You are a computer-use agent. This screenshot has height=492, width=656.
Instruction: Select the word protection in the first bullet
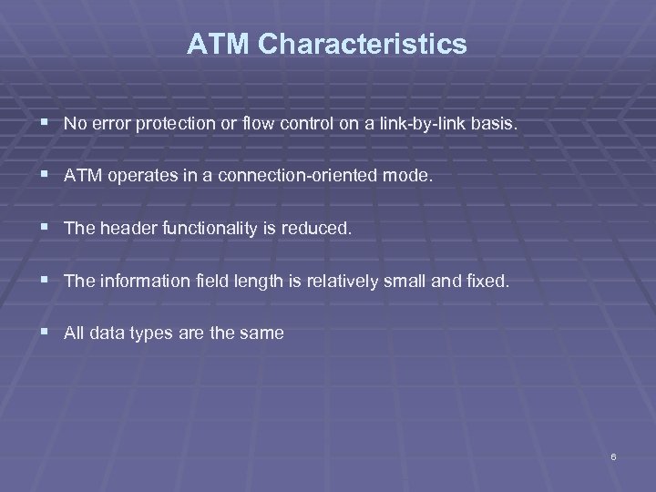click(171, 125)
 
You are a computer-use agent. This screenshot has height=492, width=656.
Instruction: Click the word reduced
click(319, 230)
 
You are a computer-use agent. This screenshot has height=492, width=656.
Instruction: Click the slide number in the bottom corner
click(614, 456)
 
